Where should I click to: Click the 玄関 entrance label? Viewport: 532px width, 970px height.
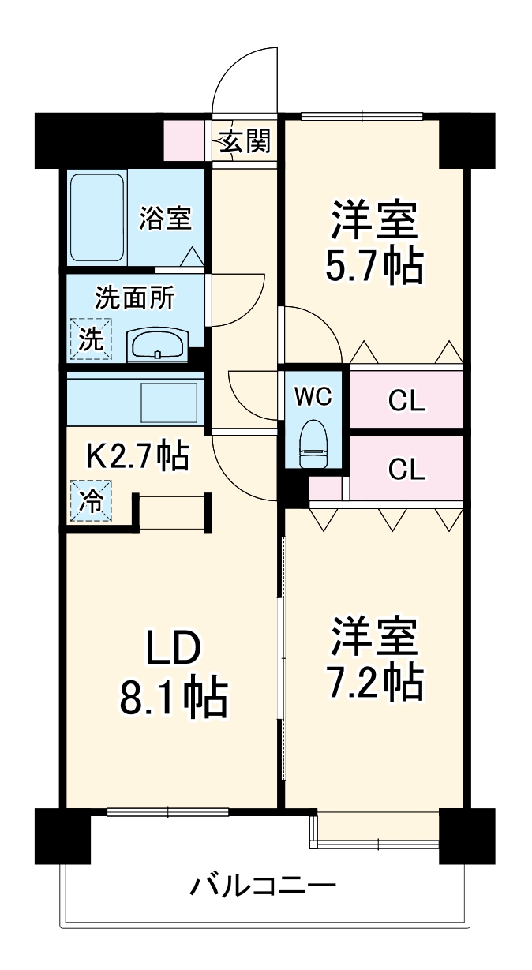(245, 142)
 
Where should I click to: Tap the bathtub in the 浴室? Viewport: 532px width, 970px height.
(97, 218)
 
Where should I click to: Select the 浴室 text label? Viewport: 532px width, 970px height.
(165, 219)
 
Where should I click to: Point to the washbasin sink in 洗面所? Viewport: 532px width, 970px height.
(158, 344)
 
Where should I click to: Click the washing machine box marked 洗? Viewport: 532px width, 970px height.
(91, 339)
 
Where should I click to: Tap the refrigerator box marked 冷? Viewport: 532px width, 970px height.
(91, 500)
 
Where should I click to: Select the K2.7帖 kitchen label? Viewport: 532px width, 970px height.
(136, 455)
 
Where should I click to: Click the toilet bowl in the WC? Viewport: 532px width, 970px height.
(313, 447)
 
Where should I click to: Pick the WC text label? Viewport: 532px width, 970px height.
(313, 397)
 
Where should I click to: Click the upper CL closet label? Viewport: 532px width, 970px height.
(406, 401)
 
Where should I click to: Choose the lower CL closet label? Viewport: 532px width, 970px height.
(406, 470)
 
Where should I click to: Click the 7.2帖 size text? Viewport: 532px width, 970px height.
(373, 683)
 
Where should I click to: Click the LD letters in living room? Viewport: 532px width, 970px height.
(174, 649)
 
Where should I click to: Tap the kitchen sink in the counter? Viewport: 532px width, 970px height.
(168, 403)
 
